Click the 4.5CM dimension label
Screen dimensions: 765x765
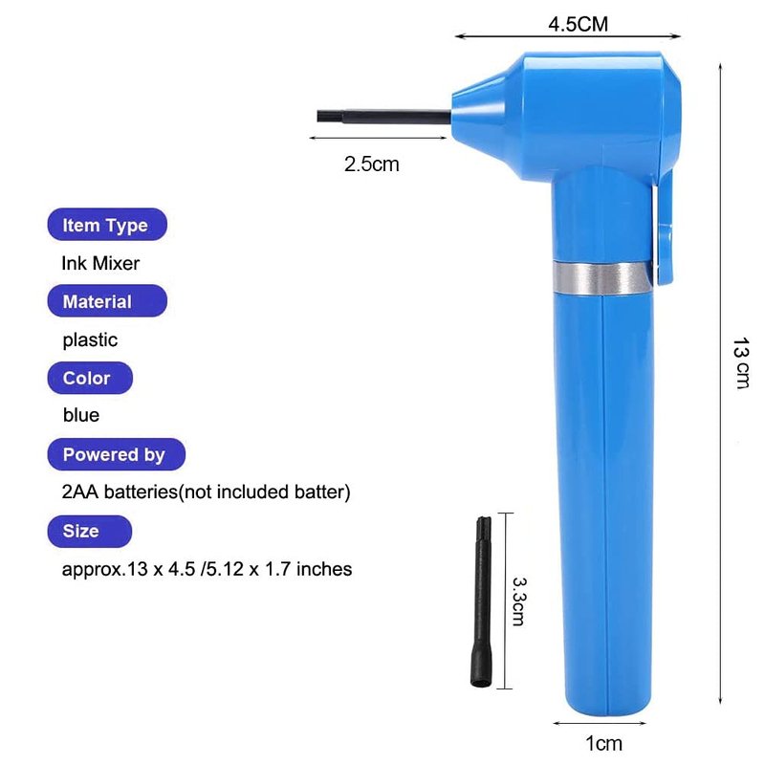click(x=578, y=24)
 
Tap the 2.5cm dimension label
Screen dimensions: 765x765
click(x=371, y=164)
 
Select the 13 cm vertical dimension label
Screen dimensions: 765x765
click(x=741, y=363)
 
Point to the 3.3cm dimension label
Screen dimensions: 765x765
click(x=518, y=601)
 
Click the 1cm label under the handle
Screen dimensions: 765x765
click(x=603, y=743)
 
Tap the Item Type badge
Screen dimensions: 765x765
click(x=107, y=225)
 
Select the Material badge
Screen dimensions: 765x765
click(x=107, y=301)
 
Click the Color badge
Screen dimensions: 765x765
click(x=90, y=378)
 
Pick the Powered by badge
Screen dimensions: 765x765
click(x=116, y=454)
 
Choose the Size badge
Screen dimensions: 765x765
click(x=89, y=531)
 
